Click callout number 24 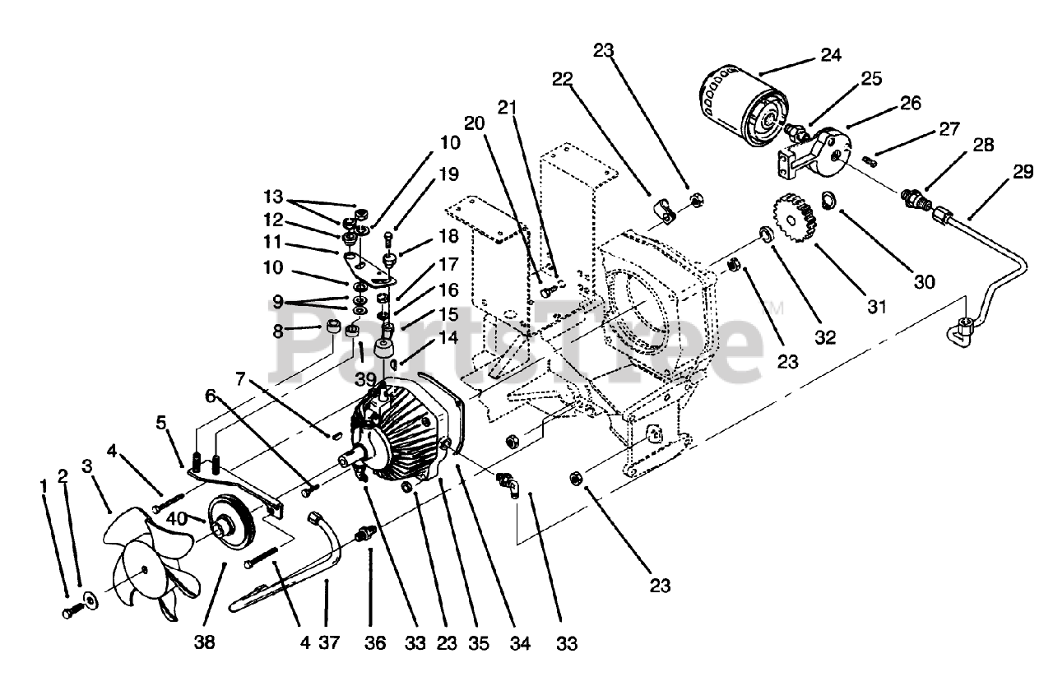(830, 56)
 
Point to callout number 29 (1023, 172)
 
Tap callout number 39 (366, 379)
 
